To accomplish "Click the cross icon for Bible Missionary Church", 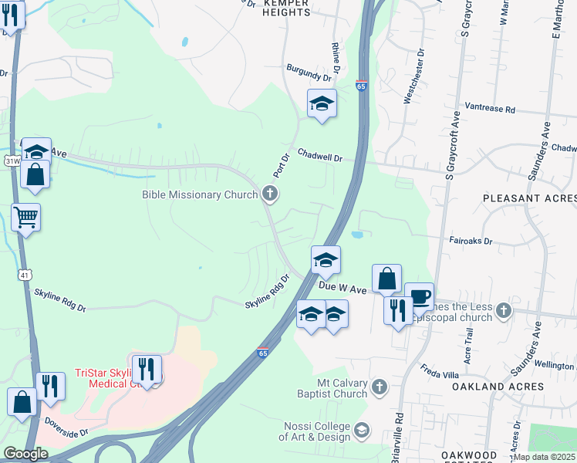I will pos(269,194).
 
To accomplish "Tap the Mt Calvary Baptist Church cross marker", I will pos(379,387).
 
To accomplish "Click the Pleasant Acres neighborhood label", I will pos(529,198).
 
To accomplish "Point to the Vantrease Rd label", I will pos(489,110).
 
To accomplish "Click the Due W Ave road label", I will pos(342,287).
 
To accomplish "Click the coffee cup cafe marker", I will pos(419,296).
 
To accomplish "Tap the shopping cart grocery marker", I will pos(25,218).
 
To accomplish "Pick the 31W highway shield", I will pos(12,161).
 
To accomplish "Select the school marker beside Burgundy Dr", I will pos(322,104).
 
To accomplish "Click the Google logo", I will pos(25,453).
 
